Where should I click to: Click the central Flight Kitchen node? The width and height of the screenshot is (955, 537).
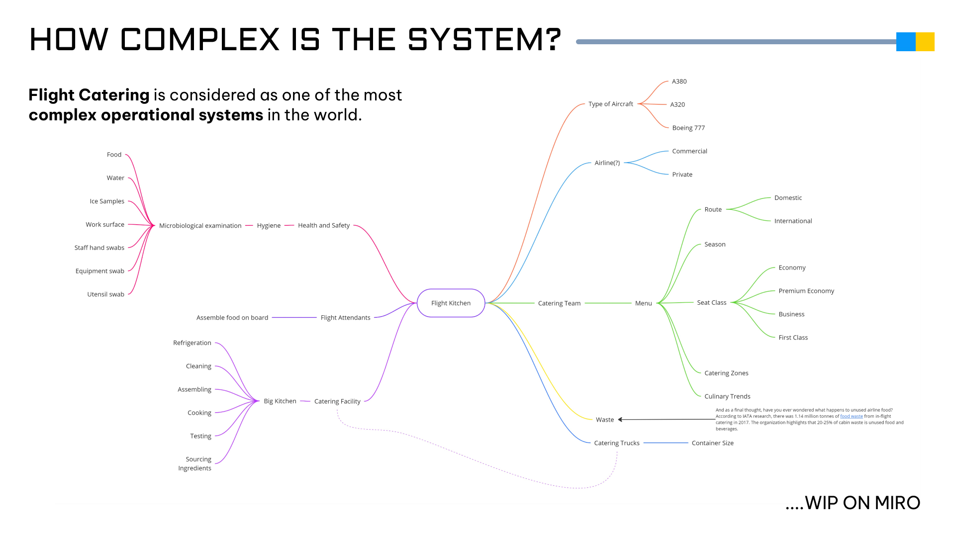click(x=451, y=303)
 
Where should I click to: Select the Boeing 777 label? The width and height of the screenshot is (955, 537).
click(x=688, y=128)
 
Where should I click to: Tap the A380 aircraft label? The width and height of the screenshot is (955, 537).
click(x=679, y=82)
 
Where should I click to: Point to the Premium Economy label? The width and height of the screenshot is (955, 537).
click(x=806, y=291)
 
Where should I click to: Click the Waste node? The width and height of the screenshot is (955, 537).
click(x=605, y=420)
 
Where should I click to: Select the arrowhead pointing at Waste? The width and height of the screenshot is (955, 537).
click(x=621, y=420)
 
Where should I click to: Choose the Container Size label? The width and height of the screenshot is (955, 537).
click(x=712, y=443)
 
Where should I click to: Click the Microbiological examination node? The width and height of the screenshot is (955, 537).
click(x=200, y=226)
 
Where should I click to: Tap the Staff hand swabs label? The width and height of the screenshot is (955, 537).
click(x=99, y=248)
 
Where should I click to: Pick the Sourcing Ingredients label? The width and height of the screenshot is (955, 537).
click(x=195, y=463)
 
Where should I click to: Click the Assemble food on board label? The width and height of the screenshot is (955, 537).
click(x=232, y=318)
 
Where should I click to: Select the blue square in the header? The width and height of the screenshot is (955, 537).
click(x=906, y=42)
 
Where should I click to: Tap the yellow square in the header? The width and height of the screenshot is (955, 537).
click(x=925, y=42)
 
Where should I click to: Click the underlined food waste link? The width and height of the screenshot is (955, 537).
click(x=851, y=416)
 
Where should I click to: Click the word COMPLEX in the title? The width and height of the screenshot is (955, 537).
click(x=200, y=39)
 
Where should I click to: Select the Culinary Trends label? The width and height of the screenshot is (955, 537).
click(x=727, y=396)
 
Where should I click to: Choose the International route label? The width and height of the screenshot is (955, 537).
click(x=793, y=221)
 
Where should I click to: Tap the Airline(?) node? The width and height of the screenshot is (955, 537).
click(x=607, y=163)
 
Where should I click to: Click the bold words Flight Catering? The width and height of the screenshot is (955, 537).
click(x=89, y=95)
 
